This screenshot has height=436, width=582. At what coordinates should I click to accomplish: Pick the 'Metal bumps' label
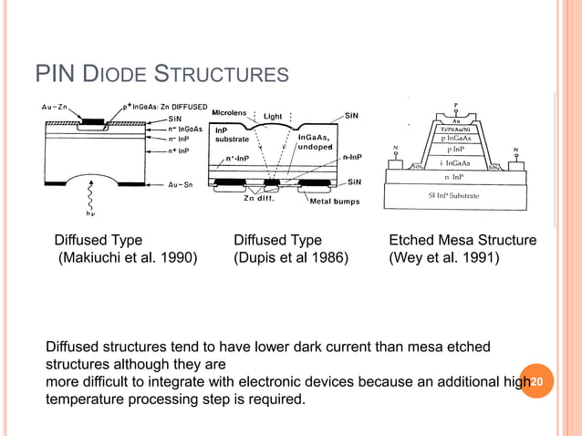point(335,202)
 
